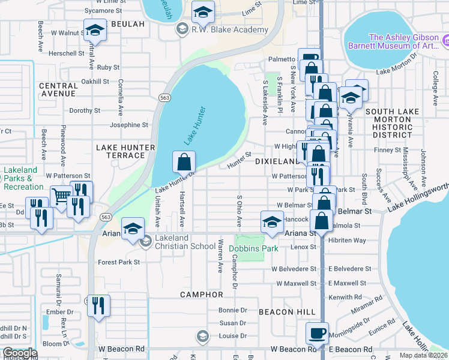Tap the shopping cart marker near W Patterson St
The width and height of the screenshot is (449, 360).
pyautogui.click(x=61, y=195)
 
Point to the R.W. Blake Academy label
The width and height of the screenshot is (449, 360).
pyautogui.click(x=230, y=29)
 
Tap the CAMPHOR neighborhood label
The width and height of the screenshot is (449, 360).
pyautogui.click(x=202, y=295)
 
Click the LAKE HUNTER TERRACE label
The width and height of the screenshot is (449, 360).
pyautogui.click(x=121, y=151)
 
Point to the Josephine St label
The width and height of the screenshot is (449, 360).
pyautogui.click(x=128, y=125)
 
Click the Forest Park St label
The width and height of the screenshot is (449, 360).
pyautogui.click(x=119, y=262)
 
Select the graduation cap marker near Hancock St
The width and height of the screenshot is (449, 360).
pyautogui.click(x=272, y=222)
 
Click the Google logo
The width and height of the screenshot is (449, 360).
pyautogui.click(x=20, y=353)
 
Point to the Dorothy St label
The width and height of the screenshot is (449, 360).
pyautogui.click(x=85, y=110)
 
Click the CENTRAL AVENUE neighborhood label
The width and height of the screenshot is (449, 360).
pyautogui.click(x=58, y=90)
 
